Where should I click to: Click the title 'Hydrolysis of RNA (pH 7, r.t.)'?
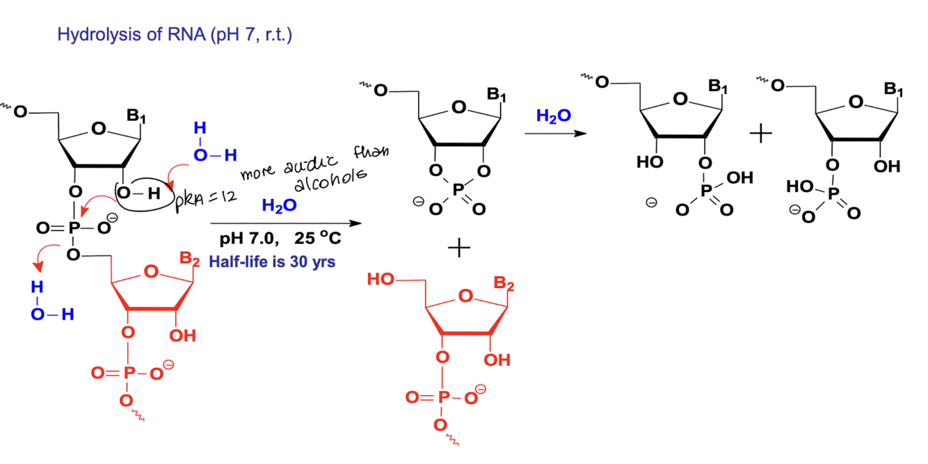click(175, 35)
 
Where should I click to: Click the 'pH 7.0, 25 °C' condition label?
click(280, 239)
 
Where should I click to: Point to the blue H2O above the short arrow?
click(553, 115)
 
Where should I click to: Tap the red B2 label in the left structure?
click(189, 259)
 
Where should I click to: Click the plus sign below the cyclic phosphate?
click(458, 248)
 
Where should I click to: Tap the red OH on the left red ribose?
click(182, 335)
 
